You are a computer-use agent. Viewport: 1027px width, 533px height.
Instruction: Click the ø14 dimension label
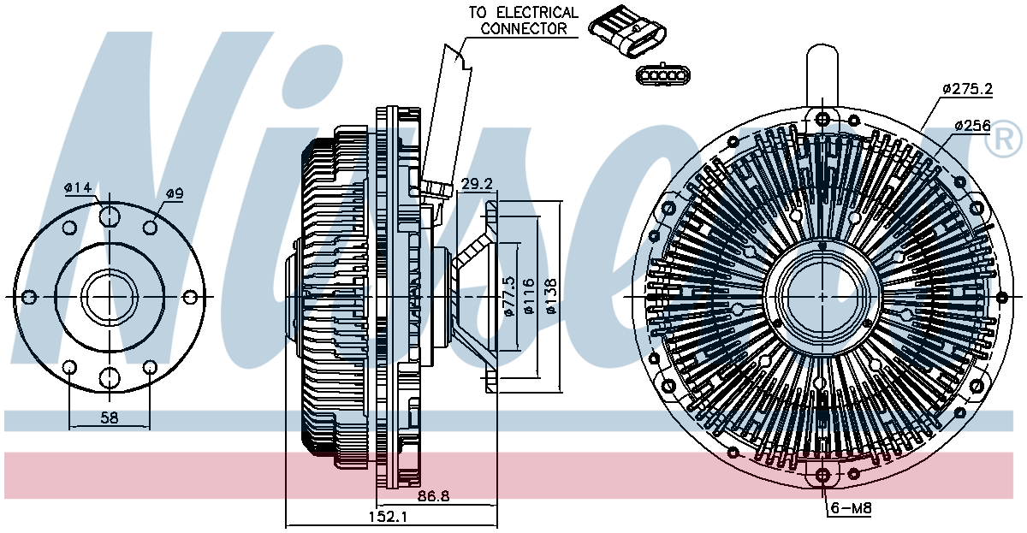79,187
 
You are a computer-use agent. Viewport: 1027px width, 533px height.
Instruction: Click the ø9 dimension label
175,193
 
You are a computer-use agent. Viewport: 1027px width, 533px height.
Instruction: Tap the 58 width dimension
110,418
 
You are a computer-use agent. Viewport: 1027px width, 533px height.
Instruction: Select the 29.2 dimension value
477,184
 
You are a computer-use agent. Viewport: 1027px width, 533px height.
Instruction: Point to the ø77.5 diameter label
510,296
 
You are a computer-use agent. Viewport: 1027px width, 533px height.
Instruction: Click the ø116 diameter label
529,296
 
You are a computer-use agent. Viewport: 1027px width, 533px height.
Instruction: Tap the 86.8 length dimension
433,496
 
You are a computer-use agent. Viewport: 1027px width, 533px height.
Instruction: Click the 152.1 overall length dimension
388,517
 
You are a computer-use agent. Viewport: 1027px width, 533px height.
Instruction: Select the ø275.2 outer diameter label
968,88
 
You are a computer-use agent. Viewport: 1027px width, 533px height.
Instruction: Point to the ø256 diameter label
973,125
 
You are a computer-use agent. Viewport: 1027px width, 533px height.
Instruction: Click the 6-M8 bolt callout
851,508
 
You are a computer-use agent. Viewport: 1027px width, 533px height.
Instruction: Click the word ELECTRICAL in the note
537,12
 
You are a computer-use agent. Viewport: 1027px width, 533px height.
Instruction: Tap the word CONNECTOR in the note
524,28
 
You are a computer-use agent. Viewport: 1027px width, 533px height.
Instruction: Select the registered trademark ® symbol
1003,139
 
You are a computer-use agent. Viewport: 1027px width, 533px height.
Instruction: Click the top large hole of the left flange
110,216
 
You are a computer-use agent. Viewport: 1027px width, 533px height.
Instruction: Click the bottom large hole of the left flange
110,377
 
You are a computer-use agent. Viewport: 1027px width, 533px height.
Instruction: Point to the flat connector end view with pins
663,74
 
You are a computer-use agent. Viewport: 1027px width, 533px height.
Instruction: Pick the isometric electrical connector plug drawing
627,31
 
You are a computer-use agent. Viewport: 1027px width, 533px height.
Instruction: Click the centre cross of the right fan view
822,297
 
